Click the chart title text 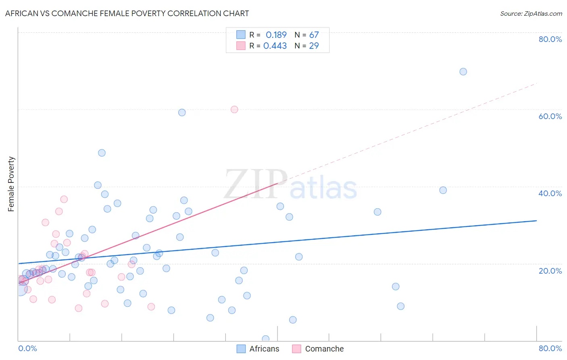tap(127, 13)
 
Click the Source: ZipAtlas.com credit tap(531, 13)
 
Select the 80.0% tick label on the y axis tap(550, 39)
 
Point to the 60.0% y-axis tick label tap(550, 116)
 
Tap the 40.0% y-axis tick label tap(550, 193)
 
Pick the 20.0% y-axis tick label tap(550, 271)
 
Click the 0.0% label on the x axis tap(27, 348)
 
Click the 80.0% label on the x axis tap(550, 348)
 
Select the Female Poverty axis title tap(11, 184)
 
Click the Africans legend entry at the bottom tap(264, 349)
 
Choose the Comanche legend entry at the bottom tap(324, 349)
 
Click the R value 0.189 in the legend tap(276, 35)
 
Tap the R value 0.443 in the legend tap(275, 46)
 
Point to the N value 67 tap(314, 35)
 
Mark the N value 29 tap(314, 46)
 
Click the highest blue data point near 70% tap(463, 71)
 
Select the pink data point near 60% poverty tap(234, 109)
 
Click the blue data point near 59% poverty tap(182, 113)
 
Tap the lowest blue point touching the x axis tap(265, 339)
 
